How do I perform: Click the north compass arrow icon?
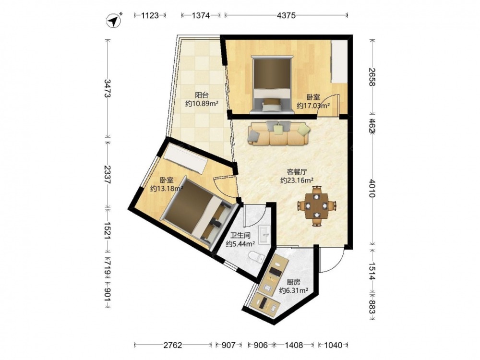[114, 21]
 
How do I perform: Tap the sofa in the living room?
[278, 133]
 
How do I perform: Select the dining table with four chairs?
[317, 206]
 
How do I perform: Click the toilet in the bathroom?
[256, 257]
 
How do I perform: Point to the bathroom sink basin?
[264, 235]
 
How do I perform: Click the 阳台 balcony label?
[202, 95]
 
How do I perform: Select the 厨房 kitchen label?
[294, 282]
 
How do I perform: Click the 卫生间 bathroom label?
[240, 235]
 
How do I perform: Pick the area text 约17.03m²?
[313, 106]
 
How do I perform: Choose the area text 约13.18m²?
[167, 188]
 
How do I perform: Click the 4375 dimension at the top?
[286, 15]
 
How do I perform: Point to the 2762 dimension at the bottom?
[173, 345]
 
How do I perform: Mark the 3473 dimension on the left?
[108, 88]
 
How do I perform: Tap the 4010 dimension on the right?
[372, 188]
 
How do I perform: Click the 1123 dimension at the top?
[150, 15]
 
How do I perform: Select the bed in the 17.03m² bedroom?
[272, 84]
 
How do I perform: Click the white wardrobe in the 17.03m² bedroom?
[339, 61]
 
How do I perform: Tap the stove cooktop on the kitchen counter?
[275, 272]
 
